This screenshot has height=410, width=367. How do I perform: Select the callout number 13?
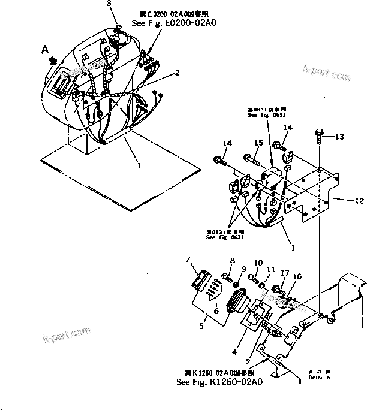click(x=339, y=137)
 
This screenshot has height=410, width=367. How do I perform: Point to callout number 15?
click(x=258, y=143)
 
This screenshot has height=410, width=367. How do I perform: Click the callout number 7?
click(x=188, y=259)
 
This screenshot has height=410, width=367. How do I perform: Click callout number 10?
click(x=258, y=263)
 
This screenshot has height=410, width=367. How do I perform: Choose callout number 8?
click(x=232, y=260)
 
